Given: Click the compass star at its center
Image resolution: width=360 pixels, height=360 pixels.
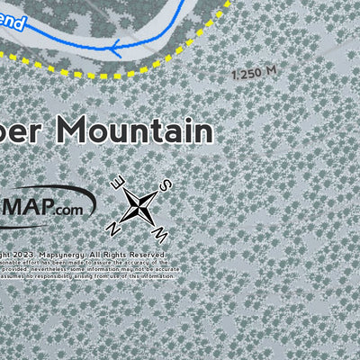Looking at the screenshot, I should click(x=139, y=204).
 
